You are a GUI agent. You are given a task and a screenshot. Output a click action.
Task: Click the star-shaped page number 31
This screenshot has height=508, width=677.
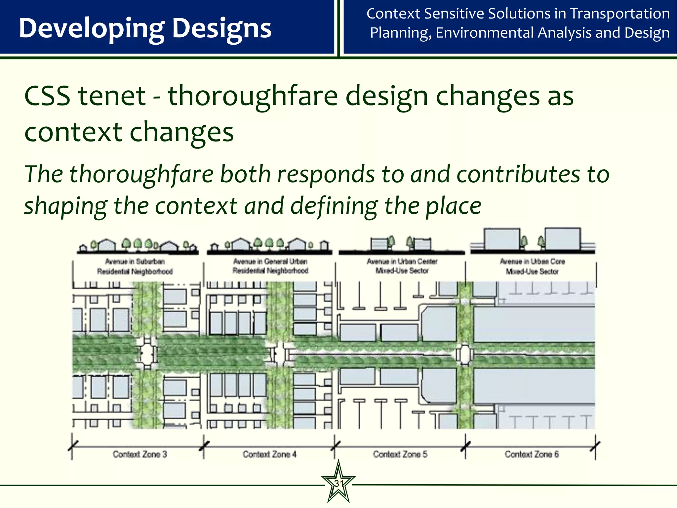coord(338,483)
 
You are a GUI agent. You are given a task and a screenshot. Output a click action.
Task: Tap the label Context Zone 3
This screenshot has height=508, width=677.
coord(139,454)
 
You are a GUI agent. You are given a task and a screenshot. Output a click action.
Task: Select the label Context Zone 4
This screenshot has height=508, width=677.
coord(269,454)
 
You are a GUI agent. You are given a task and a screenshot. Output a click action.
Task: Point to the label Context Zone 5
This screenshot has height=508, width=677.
coord(400,454)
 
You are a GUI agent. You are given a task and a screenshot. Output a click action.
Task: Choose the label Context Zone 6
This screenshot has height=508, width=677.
coord(532,454)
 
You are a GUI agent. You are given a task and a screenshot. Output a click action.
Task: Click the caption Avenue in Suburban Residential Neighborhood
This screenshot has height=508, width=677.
coord(135,266)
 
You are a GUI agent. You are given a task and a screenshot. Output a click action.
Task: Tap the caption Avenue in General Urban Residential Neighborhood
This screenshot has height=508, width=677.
coord(270,266)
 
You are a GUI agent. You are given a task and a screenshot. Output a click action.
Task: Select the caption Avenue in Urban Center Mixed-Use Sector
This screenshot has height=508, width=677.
coord(402,266)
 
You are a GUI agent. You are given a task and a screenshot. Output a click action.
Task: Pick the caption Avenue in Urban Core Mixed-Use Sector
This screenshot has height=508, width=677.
coord(532,266)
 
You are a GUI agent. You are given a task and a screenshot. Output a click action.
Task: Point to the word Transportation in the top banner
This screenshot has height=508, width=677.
coord(620,14)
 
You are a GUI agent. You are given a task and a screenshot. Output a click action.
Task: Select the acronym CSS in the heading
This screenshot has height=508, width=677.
coord(47,96)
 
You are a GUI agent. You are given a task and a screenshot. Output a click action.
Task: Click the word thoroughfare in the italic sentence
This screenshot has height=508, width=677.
coord(141,174)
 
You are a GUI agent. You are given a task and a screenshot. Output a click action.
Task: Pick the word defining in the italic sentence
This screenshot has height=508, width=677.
coord(334,206)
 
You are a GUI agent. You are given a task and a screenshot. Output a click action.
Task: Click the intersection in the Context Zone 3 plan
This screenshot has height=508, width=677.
coord(147,353)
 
